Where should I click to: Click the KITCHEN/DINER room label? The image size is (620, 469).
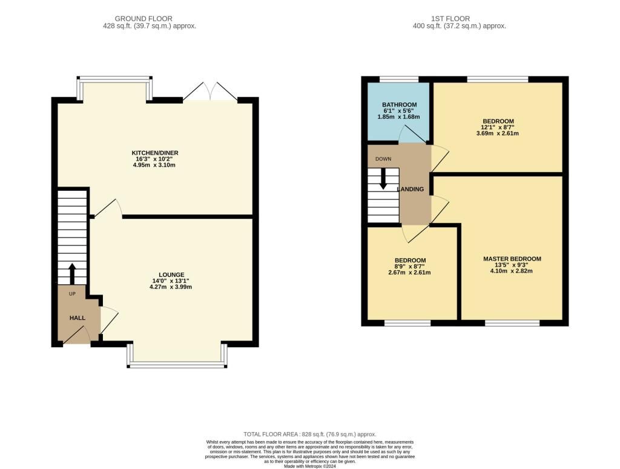[154, 153]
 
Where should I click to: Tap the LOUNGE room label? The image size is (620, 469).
[171, 274]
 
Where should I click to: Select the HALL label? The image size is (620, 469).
[77, 318]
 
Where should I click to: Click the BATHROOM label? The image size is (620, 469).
[399, 105]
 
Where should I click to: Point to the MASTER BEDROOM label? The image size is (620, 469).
[512, 259]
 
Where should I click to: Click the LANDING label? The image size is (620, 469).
[411, 189]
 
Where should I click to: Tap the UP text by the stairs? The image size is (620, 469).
[73, 294]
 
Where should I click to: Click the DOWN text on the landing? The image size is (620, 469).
[383, 159]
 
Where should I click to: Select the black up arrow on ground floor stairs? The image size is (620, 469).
[72, 274]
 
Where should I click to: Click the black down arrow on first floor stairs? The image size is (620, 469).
[383, 179]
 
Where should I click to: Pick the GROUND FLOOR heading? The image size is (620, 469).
[143, 19]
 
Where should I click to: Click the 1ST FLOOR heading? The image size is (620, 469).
[450, 19]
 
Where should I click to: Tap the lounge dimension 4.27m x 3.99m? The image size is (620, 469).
[171, 287]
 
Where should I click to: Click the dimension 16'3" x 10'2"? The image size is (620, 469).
[154, 159]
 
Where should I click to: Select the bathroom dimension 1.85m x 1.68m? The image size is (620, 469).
[398, 117]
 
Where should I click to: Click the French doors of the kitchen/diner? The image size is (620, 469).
[210, 91]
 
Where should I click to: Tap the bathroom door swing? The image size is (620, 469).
[412, 135]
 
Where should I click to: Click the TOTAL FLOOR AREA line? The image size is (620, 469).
[309, 434]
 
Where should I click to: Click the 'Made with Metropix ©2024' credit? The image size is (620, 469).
[310, 466]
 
